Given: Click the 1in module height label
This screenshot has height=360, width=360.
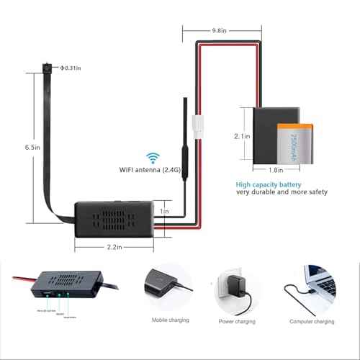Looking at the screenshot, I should point(164,212).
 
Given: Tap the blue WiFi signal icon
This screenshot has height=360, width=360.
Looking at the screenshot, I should point(153,158).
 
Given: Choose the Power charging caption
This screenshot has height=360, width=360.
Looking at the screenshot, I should point(238,320).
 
